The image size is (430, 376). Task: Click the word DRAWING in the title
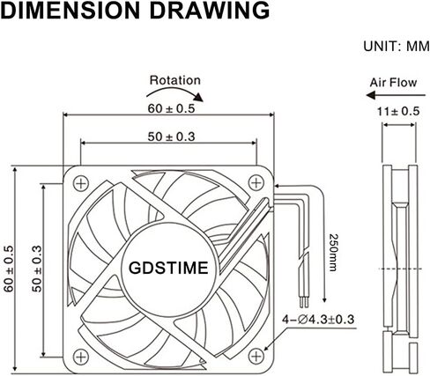coord(204,11)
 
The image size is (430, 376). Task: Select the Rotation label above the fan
coord(174,80)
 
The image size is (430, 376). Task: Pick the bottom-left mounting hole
coord(81,356)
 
